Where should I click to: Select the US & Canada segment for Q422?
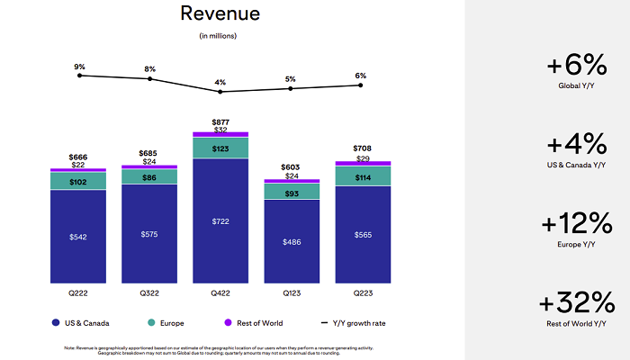[220, 220]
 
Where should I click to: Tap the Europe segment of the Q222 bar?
[77, 181]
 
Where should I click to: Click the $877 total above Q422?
[220, 121]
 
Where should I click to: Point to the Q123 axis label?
[291, 293]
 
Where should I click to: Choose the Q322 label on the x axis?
[148, 293]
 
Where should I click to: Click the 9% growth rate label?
[79, 66]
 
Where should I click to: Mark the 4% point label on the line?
[220, 82]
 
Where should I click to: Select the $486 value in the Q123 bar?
[291, 242]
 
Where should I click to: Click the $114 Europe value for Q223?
[362, 176]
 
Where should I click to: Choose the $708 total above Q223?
[362, 148]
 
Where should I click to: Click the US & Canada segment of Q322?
[148, 234]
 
